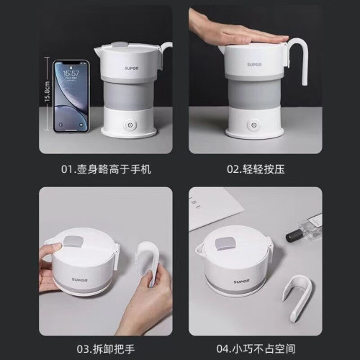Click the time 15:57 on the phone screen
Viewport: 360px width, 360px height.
[x=70, y=73]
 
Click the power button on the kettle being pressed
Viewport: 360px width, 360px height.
[x=253, y=125]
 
